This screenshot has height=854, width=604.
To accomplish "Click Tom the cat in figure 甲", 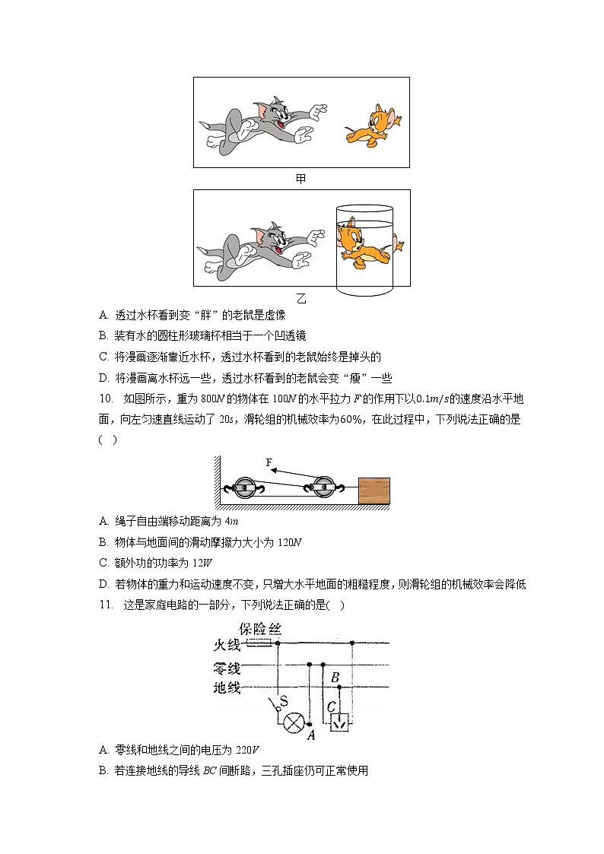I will point(262,122).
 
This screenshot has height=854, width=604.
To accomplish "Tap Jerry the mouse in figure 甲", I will point(374,125).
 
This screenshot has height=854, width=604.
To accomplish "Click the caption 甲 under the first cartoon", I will point(301,179).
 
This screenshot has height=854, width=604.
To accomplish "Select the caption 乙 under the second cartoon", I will point(301,297).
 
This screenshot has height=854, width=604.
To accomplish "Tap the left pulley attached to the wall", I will point(244,489).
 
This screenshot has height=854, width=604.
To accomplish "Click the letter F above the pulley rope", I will point(269,462).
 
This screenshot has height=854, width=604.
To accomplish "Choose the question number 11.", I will point(106,605).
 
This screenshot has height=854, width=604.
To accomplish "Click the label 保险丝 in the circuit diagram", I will point(259,629).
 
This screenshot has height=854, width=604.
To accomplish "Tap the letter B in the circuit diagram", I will point(335,678).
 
